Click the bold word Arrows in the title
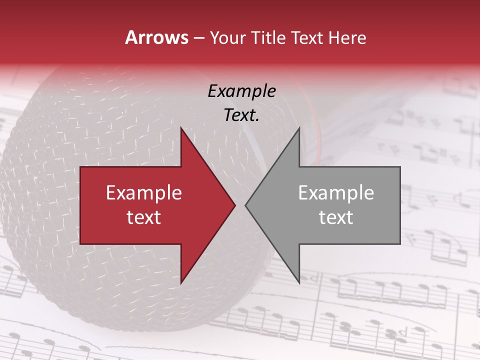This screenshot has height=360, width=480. pos(156,38)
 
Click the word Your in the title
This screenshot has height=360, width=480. pos(227,38)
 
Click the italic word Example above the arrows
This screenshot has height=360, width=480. pos(242,91)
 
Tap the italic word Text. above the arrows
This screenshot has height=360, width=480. pos(242,115)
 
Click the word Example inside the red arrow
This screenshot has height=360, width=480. pos(144,193)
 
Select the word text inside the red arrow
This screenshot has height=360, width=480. pos(144,217)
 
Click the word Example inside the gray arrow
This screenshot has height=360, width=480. pos(336,193)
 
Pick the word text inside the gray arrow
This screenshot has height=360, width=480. pos(336,217)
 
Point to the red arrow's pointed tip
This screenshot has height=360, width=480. pos(235,205)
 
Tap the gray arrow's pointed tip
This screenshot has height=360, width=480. pos(245,205)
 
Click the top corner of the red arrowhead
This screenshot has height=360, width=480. pos(181,128)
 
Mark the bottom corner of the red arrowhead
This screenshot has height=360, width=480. pos(181,283)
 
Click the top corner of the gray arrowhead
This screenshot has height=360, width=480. pos(299,128)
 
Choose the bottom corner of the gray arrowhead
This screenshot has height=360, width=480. pos(299,283)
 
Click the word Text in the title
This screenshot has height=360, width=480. pos(307,38)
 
